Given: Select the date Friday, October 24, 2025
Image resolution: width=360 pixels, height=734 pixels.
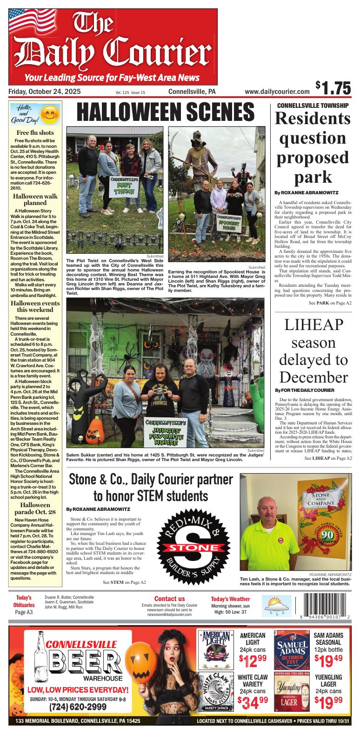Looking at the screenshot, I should (x=44, y=92).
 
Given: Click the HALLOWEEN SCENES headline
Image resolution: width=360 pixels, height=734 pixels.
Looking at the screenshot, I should (x=165, y=112).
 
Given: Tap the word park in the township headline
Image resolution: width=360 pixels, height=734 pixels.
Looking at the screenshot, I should (x=313, y=177).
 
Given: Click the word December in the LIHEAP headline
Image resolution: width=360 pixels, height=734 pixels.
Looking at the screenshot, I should (x=312, y=376).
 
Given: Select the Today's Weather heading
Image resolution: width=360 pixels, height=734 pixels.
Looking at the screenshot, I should (x=230, y=599).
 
